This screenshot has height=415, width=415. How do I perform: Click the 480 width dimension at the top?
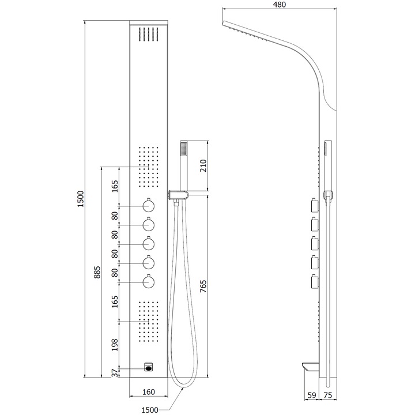279,5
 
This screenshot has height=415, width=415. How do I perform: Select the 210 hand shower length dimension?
203,165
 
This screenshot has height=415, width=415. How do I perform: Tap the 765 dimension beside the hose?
203,286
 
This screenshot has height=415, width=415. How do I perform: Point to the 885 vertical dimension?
97,272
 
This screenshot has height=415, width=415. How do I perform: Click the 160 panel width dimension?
149,392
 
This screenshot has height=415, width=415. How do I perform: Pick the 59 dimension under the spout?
312,395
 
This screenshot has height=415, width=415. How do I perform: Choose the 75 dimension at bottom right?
327,395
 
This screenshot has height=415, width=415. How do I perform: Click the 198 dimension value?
115,345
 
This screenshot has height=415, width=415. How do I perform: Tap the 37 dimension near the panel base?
115,373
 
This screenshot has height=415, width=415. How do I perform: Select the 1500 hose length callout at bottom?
150,410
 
